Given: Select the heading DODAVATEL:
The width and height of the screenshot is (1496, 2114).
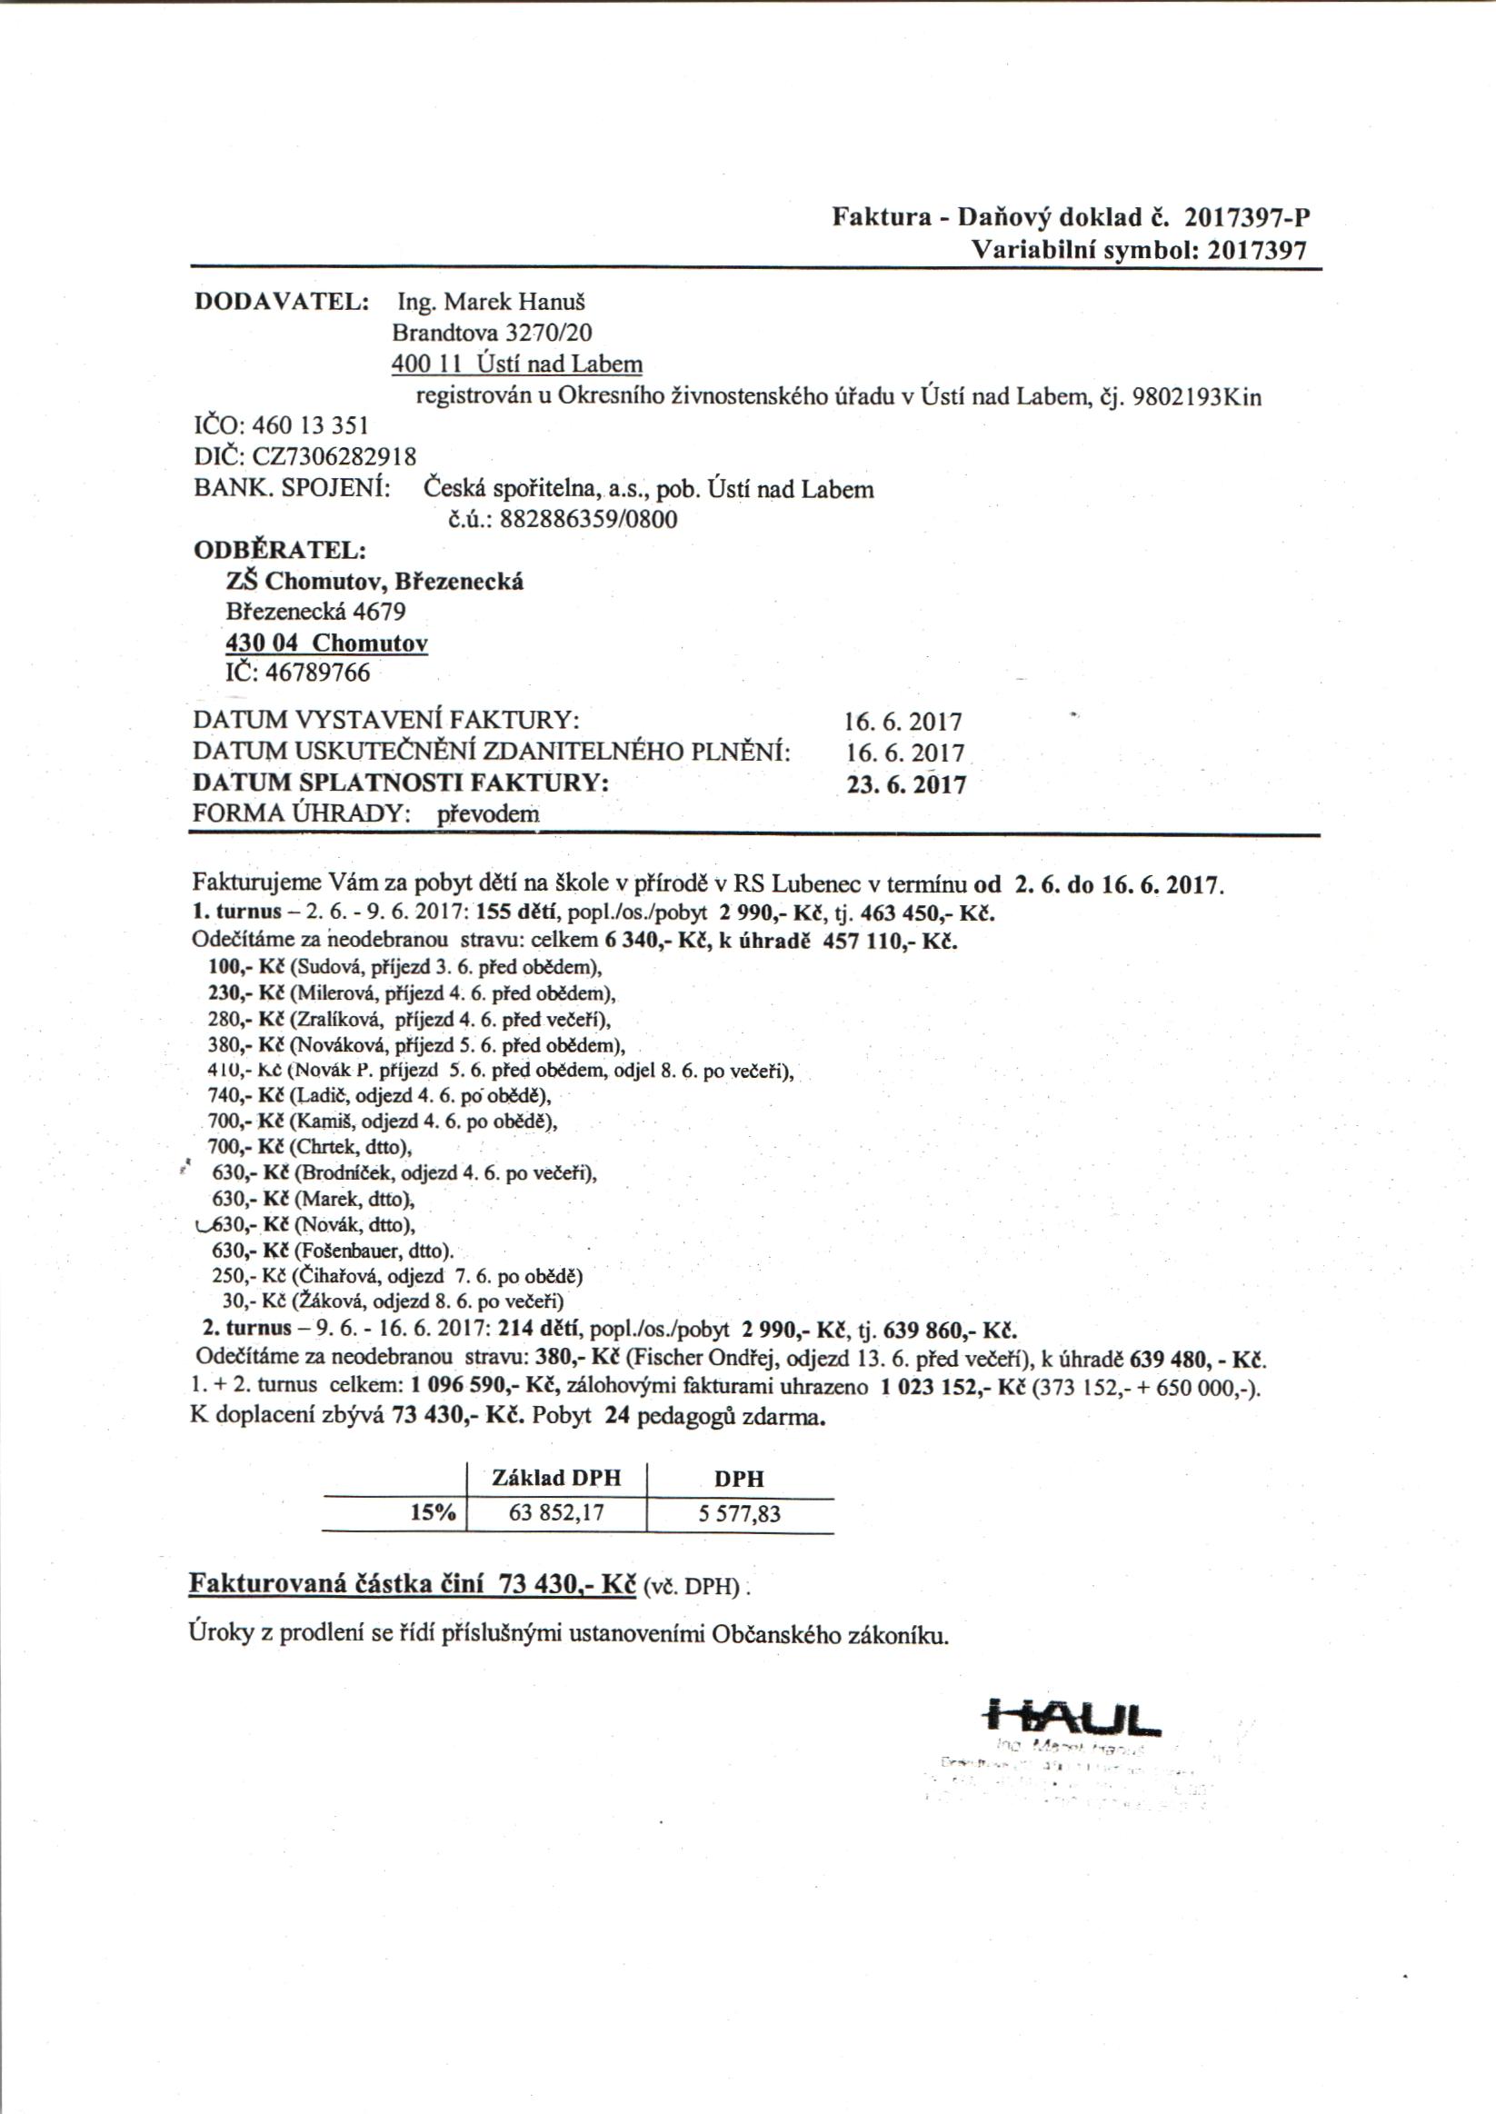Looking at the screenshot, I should point(282,302).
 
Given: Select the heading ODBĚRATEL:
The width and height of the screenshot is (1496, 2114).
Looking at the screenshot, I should point(280,550).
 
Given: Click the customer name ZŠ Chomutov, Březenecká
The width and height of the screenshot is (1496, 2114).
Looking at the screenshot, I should point(375,582).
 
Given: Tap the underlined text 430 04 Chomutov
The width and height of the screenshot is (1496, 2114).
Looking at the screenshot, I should point(327,643).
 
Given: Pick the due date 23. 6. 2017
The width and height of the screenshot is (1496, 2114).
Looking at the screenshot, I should point(906,785).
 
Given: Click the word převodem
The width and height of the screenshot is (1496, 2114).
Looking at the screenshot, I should point(488,814).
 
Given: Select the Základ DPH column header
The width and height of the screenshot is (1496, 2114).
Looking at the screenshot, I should point(556,1479).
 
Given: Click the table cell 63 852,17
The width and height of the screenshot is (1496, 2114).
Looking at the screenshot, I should point(556,1513).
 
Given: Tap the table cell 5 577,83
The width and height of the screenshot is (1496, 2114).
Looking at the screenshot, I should point(740,1513).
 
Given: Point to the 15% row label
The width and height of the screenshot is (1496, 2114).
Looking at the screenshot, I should point(433,1512).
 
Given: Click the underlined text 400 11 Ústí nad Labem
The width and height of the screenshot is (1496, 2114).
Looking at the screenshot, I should point(517,364).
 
